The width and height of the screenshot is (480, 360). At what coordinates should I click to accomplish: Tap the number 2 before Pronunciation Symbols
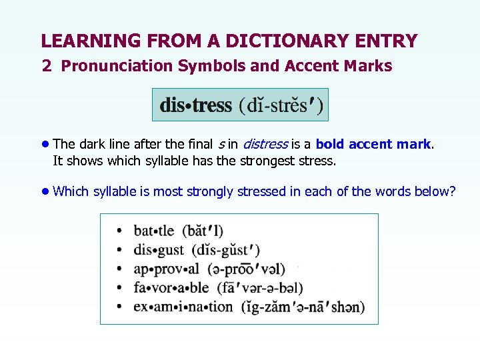46,65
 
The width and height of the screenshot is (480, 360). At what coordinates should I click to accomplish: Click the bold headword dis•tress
195,105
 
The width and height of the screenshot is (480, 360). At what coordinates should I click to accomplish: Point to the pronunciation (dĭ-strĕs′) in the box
281,105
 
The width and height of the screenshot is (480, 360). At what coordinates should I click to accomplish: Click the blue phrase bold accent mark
373,144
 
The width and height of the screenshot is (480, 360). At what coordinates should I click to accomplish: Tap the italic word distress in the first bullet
265,144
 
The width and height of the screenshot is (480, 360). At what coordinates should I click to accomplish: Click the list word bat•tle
154,231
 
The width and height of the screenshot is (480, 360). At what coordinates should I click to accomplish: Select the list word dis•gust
159,250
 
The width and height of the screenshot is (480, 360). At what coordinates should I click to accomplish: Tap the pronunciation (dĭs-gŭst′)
226,250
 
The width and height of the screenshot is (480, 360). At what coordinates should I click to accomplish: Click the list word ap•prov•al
166,269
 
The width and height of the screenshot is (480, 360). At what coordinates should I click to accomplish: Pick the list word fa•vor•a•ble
171,288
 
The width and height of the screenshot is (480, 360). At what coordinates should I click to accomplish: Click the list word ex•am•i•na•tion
183,307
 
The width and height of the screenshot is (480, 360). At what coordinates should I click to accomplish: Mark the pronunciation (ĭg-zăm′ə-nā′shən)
303,307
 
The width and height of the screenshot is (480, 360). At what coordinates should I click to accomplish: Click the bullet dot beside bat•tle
119,231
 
